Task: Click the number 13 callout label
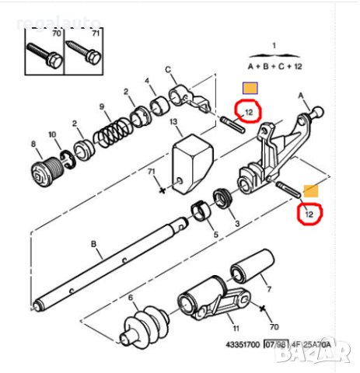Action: point(173,122)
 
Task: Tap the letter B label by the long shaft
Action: point(95,246)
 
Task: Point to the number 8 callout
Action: point(33,143)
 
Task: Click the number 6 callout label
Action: point(130,298)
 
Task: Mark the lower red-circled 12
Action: point(309,212)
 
